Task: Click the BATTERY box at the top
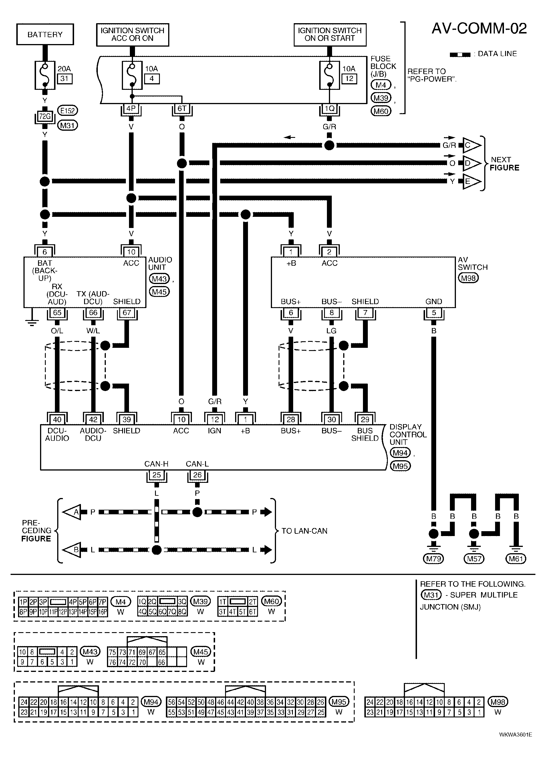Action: click(45, 34)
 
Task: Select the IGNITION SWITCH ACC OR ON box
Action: click(133, 34)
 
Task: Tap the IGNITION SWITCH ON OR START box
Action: click(330, 34)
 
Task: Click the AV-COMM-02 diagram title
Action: click(479, 29)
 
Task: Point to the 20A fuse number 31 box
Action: click(64, 79)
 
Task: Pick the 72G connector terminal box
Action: click(45, 116)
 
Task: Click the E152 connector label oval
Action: click(67, 111)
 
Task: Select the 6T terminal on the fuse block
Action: click(182, 108)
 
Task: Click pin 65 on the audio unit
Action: click(57, 312)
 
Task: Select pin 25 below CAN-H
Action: click(156, 475)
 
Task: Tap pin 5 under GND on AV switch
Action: click(434, 312)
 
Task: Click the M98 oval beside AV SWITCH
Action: click(468, 278)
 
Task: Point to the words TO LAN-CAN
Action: click(304, 531)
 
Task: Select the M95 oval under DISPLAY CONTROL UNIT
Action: click(400, 466)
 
